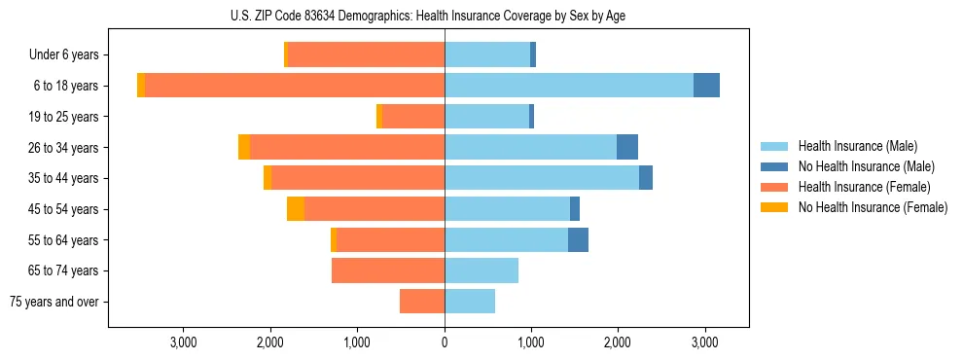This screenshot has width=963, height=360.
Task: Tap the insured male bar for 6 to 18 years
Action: (568, 86)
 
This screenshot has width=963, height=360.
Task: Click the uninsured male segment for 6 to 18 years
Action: (706, 86)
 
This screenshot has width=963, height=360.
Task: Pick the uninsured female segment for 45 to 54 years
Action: (296, 209)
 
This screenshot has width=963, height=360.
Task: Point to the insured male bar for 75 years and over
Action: (470, 302)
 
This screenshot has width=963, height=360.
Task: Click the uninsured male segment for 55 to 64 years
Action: (578, 240)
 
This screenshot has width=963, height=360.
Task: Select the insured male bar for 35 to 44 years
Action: (541, 178)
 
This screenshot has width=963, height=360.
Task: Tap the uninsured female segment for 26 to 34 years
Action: (244, 147)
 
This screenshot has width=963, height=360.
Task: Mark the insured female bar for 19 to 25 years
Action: (413, 117)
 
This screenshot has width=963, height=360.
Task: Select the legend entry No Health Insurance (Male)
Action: (866, 166)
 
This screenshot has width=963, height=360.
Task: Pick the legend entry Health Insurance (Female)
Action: (864, 187)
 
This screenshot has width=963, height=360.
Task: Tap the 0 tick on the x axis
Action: (445, 342)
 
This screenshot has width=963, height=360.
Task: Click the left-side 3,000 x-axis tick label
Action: (184, 342)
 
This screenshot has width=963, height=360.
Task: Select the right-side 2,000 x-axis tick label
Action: (618, 342)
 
